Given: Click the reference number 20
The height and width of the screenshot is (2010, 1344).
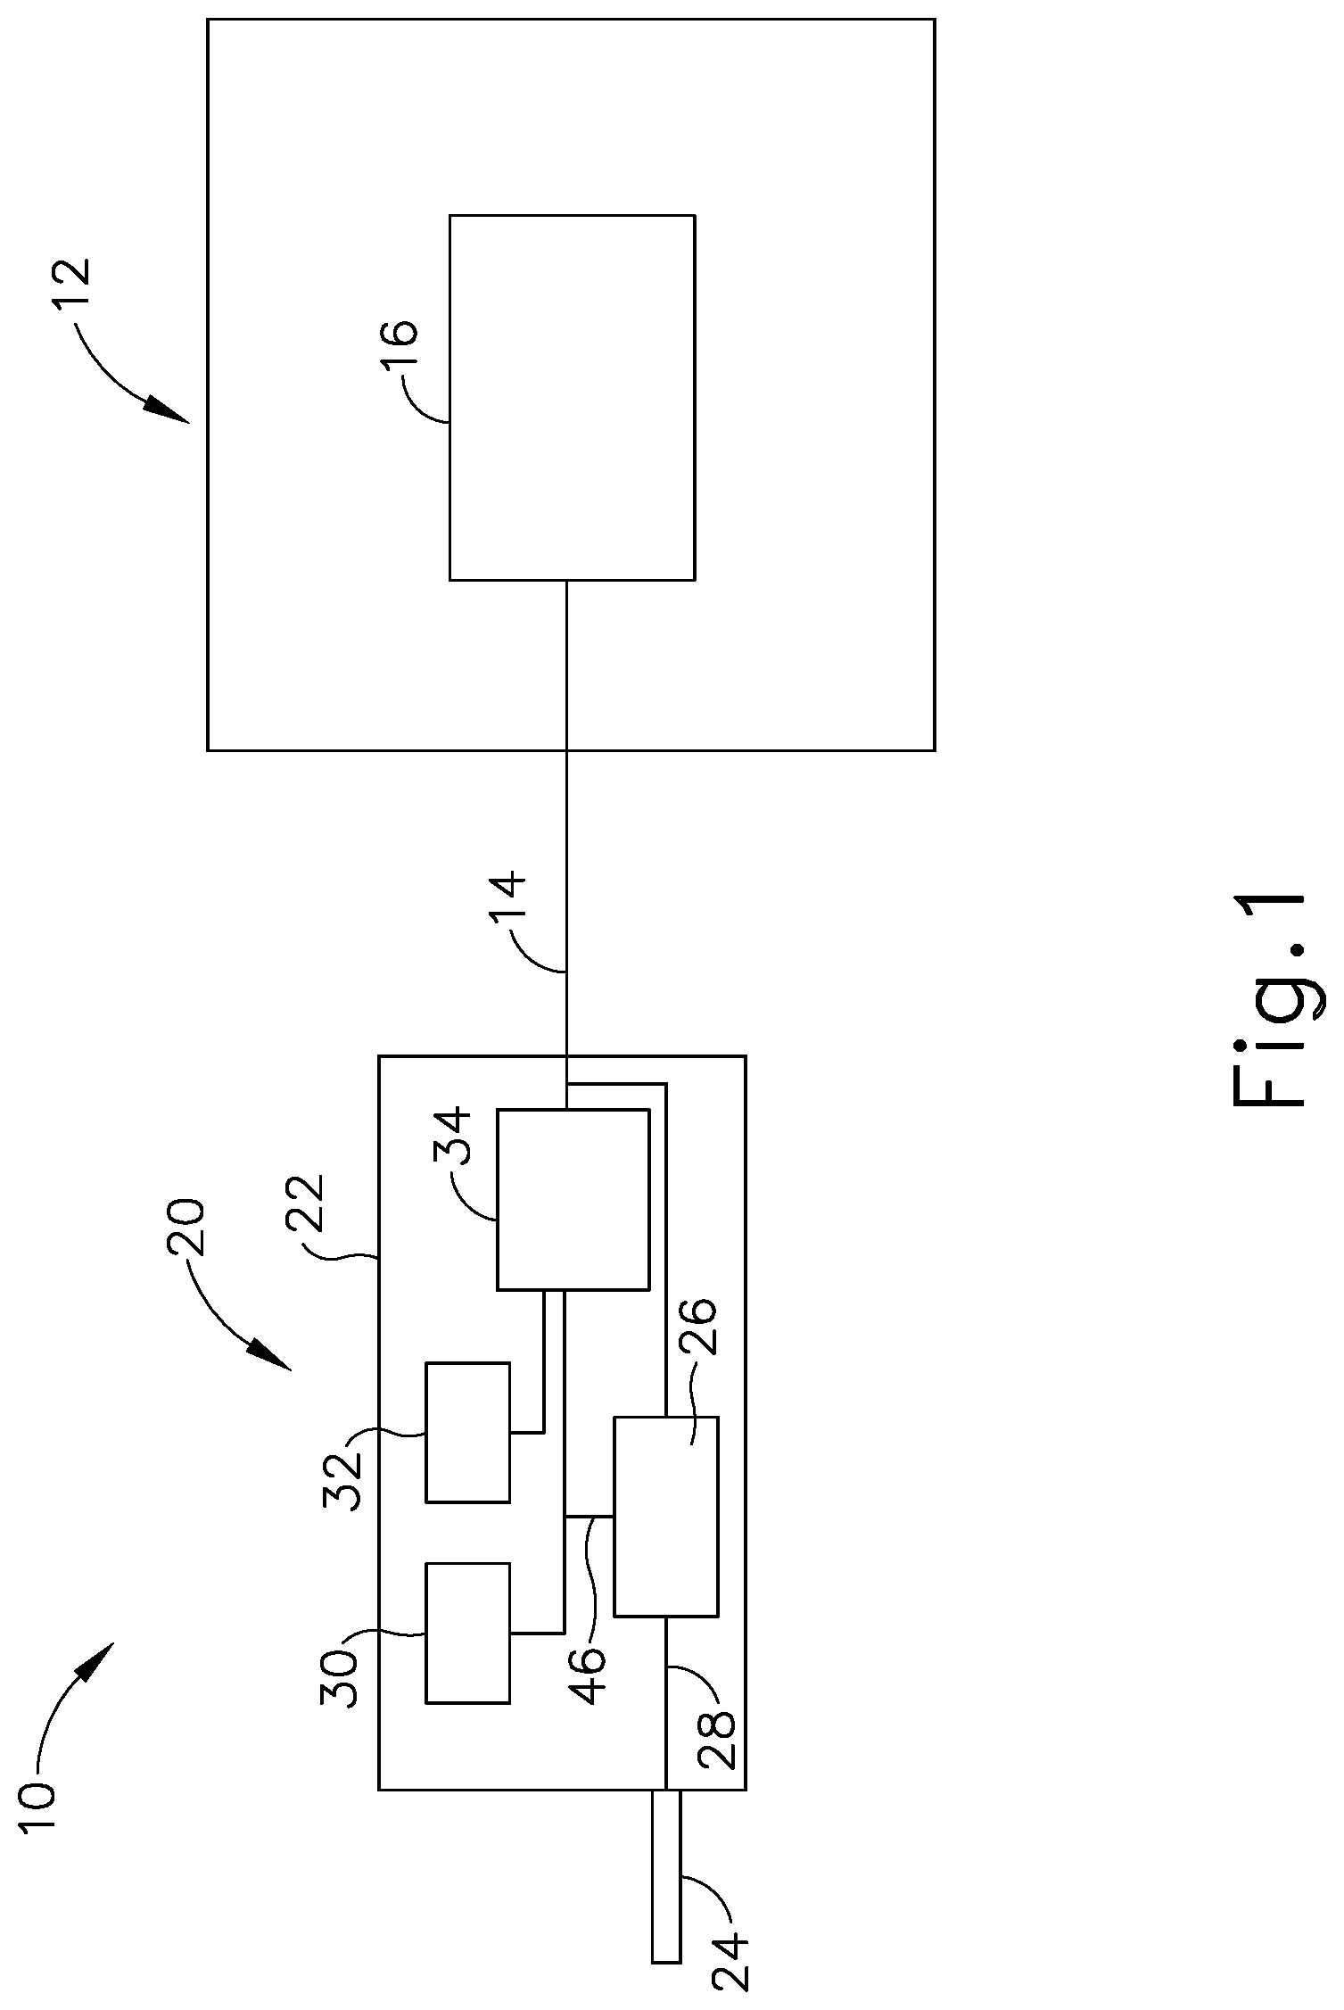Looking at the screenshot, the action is [x=186, y=1227].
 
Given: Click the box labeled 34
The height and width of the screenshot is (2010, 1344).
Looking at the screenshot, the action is [x=573, y=1200].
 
